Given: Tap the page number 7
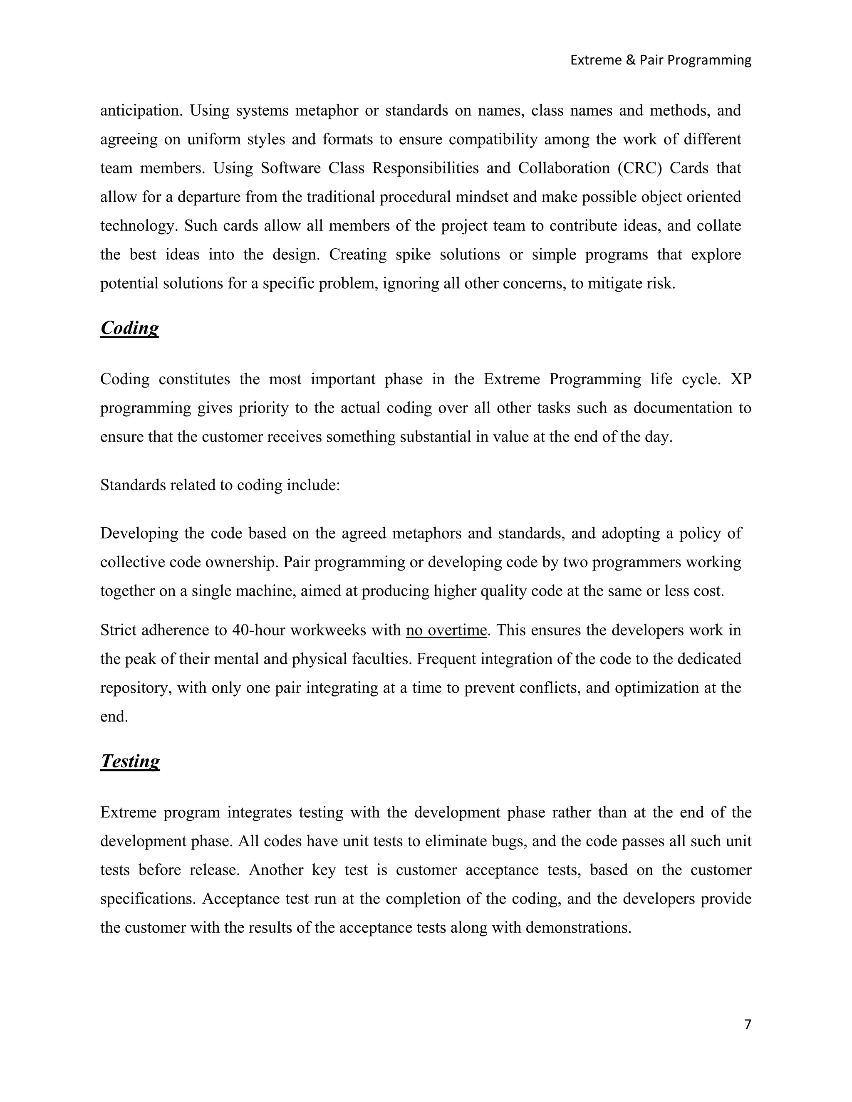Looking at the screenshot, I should pos(748,1025).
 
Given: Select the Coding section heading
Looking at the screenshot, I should pos(129,328).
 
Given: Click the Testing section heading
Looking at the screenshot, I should pos(130,761).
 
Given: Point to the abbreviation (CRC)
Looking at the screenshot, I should pos(639,168).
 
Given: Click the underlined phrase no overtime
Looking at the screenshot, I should pos(446,630).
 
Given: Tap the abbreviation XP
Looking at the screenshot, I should pos(741,379).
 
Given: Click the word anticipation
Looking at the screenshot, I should pos(141,111).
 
